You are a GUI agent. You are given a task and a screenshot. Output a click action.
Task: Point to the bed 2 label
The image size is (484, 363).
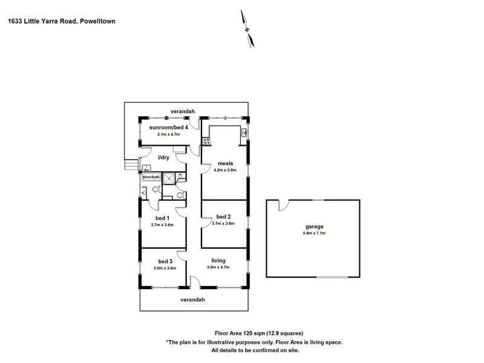(223, 217)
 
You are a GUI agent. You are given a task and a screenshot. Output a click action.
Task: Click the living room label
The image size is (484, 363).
(218, 261)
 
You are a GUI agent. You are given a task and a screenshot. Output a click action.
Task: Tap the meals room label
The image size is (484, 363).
(226, 163)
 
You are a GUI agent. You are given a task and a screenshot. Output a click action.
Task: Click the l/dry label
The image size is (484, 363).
(163, 158)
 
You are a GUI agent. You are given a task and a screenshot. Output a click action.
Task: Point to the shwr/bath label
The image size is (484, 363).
(151, 177)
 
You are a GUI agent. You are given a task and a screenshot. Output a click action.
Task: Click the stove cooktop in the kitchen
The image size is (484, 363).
(206, 141)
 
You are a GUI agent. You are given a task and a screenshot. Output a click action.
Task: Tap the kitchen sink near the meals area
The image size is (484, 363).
(244, 132)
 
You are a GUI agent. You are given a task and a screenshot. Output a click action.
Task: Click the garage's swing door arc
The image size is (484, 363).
(283, 206)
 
